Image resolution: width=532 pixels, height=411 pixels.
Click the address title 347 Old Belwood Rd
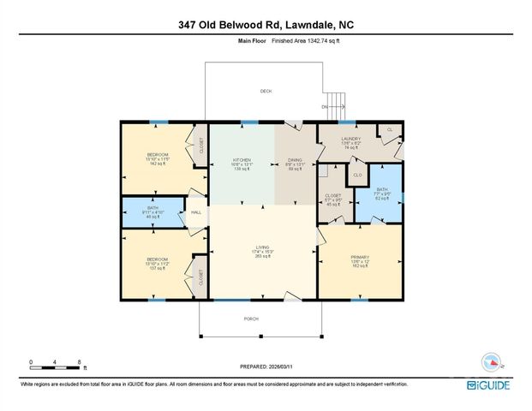[x=265, y=25]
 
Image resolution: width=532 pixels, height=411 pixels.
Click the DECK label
[x=266, y=91]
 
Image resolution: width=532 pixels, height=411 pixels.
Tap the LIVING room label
[x=262, y=249]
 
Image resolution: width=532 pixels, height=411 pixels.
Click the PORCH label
[x=252, y=318]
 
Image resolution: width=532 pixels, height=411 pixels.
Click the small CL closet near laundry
[x=390, y=129]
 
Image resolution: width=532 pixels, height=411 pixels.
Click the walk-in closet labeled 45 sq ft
[x=333, y=200]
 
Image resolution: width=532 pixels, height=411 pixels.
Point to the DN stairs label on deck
[x=324, y=107]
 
